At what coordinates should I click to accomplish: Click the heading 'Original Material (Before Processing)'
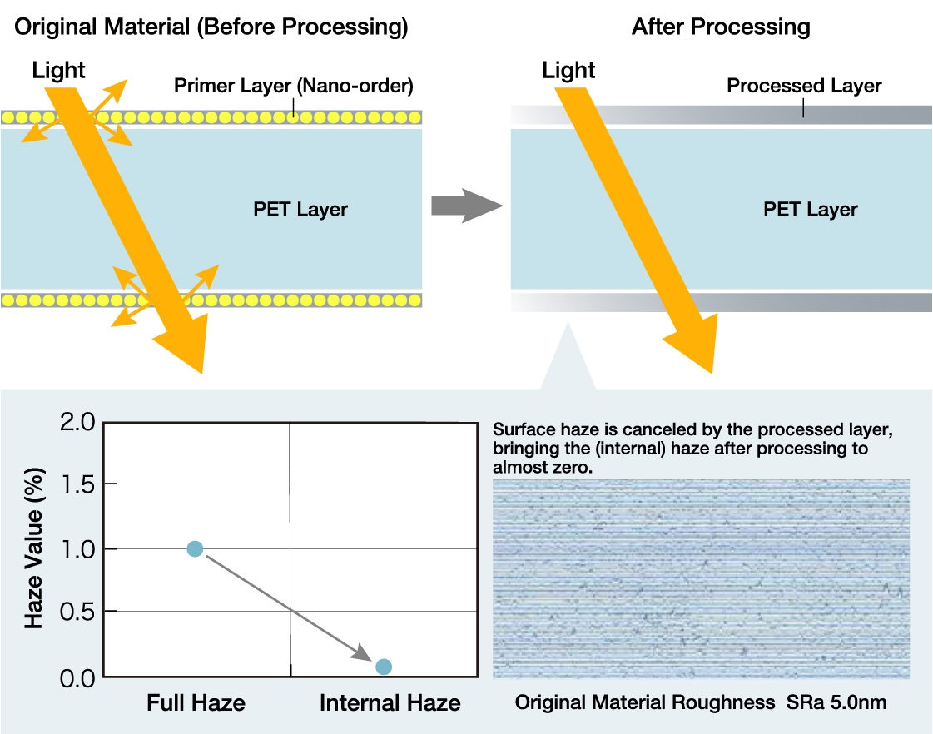(211, 27)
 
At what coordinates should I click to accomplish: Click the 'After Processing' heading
(721, 27)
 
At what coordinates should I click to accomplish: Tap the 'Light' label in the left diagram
(58, 71)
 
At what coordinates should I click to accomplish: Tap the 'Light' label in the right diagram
(568, 71)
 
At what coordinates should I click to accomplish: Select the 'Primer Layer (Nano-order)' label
(293, 86)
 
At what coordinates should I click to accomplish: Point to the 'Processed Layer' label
(804, 86)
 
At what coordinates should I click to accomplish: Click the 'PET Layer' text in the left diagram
(300, 210)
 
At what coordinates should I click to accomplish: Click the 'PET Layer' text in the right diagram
(811, 210)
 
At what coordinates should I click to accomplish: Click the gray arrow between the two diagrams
(467, 206)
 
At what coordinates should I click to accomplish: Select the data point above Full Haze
(195, 548)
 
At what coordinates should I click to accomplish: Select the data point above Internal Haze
(384, 667)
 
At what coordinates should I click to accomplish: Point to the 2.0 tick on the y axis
(77, 422)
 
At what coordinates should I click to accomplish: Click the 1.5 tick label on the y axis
(78, 485)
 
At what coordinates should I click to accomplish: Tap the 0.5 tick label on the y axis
(77, 612)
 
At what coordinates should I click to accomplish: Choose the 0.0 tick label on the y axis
(77, 678)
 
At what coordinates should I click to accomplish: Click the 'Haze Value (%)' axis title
(34, 548)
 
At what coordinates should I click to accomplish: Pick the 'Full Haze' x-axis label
(196, 703)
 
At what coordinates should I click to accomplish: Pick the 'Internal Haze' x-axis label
(390, 703)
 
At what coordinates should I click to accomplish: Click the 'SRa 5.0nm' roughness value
(836, 702)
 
